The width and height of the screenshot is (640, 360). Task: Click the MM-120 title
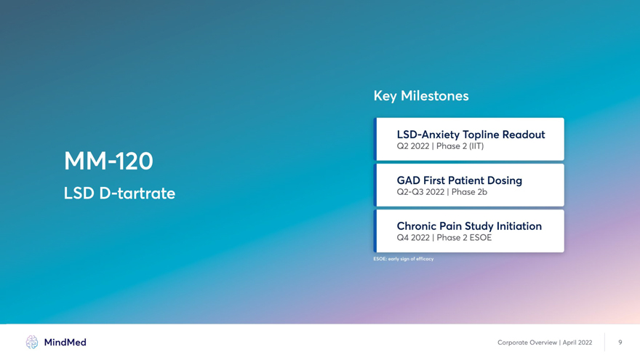coord(108,161)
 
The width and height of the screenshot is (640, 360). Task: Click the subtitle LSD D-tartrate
coord(119,193)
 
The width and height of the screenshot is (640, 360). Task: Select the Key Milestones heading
coord(421,96)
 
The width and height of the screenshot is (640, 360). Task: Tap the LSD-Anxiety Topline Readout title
coord(471,135)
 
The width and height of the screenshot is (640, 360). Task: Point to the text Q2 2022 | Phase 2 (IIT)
coord(440,146)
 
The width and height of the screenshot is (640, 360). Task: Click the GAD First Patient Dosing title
coord(459,180)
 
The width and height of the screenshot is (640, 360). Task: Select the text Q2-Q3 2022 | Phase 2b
coord(441,192)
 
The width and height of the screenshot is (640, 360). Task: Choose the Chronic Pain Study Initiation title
coord(469,226)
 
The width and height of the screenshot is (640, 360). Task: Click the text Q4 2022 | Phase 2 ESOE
coord(444,238)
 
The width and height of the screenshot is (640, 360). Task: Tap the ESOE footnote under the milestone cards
coord(403,259)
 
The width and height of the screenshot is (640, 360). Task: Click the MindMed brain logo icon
coord(32,342)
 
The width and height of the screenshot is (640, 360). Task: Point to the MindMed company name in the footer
coord(65,343)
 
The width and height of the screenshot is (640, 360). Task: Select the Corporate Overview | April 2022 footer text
coord(545,343)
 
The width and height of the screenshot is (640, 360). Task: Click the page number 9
coord(620,343)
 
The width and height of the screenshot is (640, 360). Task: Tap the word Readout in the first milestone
coord(524,135)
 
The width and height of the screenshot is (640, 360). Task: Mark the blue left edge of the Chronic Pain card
coord(375,231)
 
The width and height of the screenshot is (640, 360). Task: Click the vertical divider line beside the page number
coord(605,342)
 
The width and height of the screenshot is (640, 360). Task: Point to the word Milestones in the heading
coord(435,96)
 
